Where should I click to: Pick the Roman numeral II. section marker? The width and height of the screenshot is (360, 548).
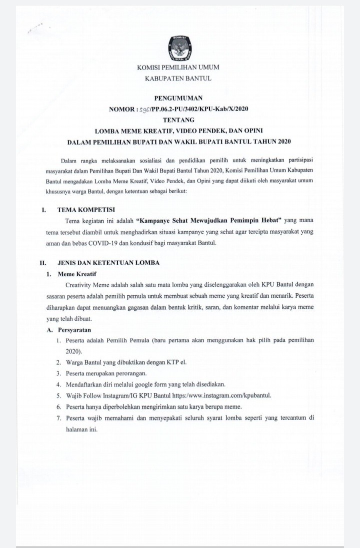43,262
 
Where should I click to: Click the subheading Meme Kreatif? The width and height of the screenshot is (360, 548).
77,274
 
